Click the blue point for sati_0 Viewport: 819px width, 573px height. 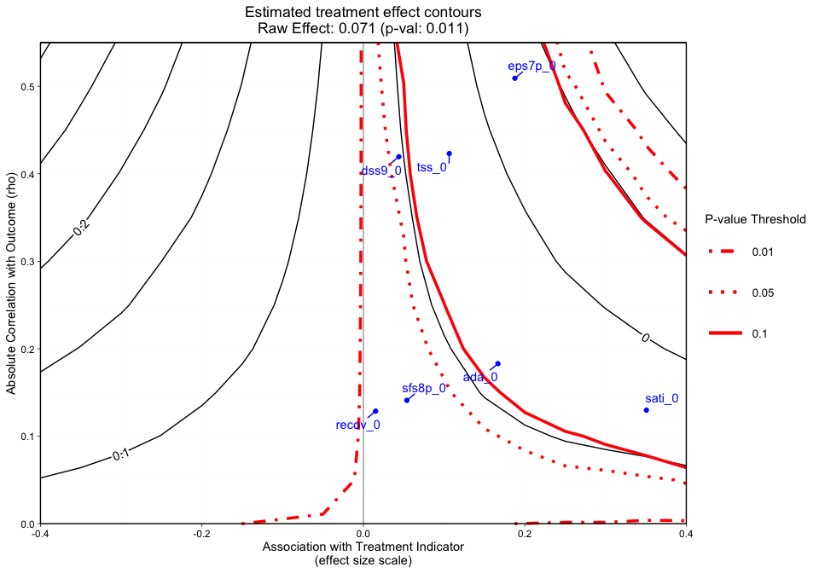tap(647, 410)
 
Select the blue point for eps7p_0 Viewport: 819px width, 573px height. tap(514, 78)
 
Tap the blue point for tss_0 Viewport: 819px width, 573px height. tap(450, 153)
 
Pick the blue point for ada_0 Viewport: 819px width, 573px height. tap(498, 364)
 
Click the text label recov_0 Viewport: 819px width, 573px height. tap(357, 425)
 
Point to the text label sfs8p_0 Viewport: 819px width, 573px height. tap(424, 389)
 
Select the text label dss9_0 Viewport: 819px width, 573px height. tap(381, 171)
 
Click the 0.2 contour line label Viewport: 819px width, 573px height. tap(82, 228)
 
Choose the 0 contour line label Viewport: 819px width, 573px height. tap(645, 339)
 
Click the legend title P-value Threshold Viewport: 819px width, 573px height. tap(755, 219)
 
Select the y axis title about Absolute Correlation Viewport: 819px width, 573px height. tap(11, 282)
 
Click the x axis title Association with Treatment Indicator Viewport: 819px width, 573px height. tap(363, 547)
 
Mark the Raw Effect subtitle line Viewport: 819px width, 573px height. tap(363, 29)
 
